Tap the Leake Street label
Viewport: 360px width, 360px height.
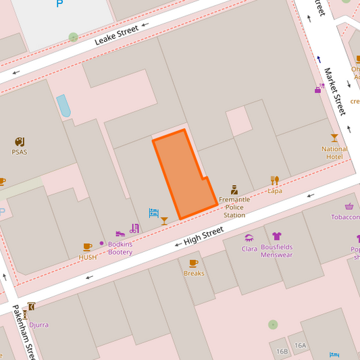click(x=116, y=35)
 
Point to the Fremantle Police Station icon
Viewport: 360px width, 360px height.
click(x=234, y=190)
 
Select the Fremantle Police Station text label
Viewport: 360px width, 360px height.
click(x=234, y=207)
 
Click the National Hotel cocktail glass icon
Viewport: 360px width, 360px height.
click(x=334, y=138)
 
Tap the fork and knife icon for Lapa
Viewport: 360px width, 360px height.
click(x=274, y=180)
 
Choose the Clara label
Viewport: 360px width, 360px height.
click(x=249, y=249)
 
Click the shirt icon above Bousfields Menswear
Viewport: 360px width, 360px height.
click(x=276, y=236)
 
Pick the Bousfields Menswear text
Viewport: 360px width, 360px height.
click(x=276, y=251)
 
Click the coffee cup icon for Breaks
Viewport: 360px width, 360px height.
click(x=194, y=263)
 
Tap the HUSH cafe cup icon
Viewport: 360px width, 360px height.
click(x=87, y=247)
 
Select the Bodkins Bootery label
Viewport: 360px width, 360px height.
click(x=120, y=248)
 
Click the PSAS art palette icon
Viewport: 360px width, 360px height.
click(x=19, y=142)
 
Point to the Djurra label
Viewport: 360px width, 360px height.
click(x=38, y=325)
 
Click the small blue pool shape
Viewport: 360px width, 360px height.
click(x=64, y=105)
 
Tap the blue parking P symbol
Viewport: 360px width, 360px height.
click(x=59, y=3)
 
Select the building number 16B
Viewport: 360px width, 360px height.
click(x=282, y=351)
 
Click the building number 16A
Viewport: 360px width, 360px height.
click(x=300, y=345)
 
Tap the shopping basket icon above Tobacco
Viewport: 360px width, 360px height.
click(x=349, y=207)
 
